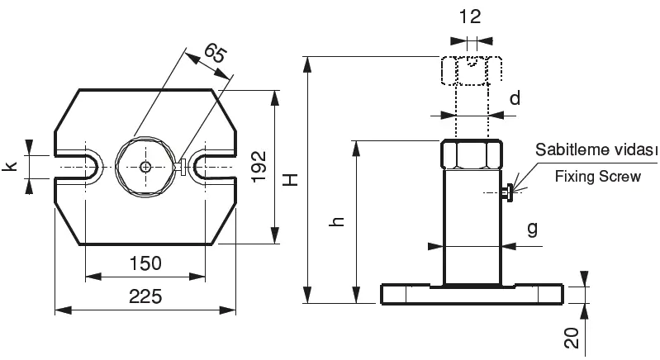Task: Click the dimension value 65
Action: pyautogui.click(x=215, y=54)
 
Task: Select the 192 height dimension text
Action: pyautogui.click(x=259, y=167)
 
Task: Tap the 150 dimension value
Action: pyautogui.click(x=145, y=263)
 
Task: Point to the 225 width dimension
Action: pyautogui.click(x=145, y=296)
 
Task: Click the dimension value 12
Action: pyautogui.click(x=470, y=17)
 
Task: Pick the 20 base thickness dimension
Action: pyautogui.click(x=572, y=339)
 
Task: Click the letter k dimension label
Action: pyautogui.click(x=10, y=166)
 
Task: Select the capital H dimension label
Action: pyautogui.click(x=291, y=179)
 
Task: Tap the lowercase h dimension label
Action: pyautogui.click(x=338, y=221)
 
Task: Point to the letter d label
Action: pyautogui.click(x=515, y=98)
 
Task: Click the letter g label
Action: pyautogui.click(x=533, y=230)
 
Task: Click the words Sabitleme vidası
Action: pyautogui.click(x=596, y=149)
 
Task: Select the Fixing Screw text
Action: pyautogui.click(x=598, y=176)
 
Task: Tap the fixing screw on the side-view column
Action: pyautogui.click(x=507, y=192)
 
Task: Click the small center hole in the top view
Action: pyautogui.click(x=145, y=167)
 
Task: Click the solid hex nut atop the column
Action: pyautogui.click(x=472, y=155)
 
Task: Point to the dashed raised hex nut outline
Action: pyautogui.click(x=472, y=71)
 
